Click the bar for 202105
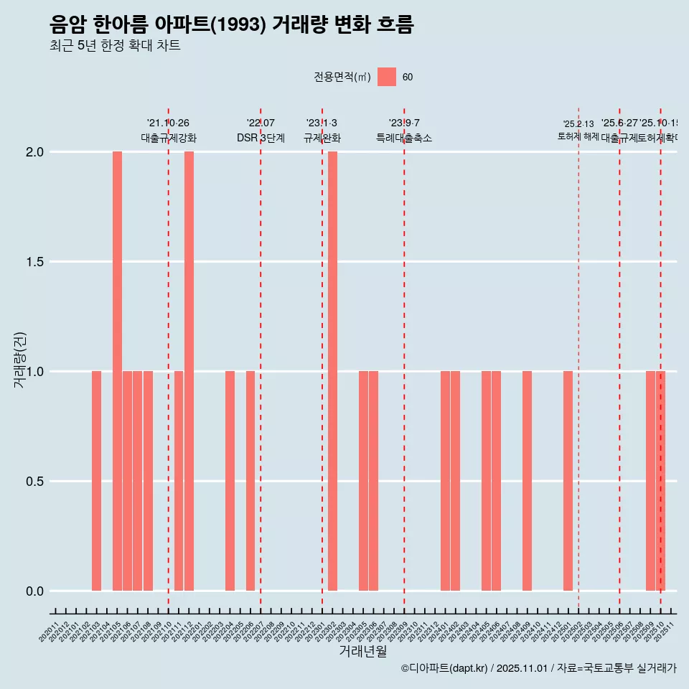pos(117,371)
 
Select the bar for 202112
pos(189,371)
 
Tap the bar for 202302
pos(332,371)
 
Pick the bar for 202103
pos(96,481)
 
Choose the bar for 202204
pos(230,481)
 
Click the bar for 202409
pos(527,481)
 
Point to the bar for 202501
pos(568,481)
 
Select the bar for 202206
pos(250,481)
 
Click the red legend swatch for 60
pos(387,77)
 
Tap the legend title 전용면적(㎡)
pos(342,77)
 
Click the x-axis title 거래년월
pos(363,652)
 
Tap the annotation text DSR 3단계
pos(261,138)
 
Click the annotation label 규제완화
pos(322,138)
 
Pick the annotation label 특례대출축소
pos(404,138)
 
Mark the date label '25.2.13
pos(578,124)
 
